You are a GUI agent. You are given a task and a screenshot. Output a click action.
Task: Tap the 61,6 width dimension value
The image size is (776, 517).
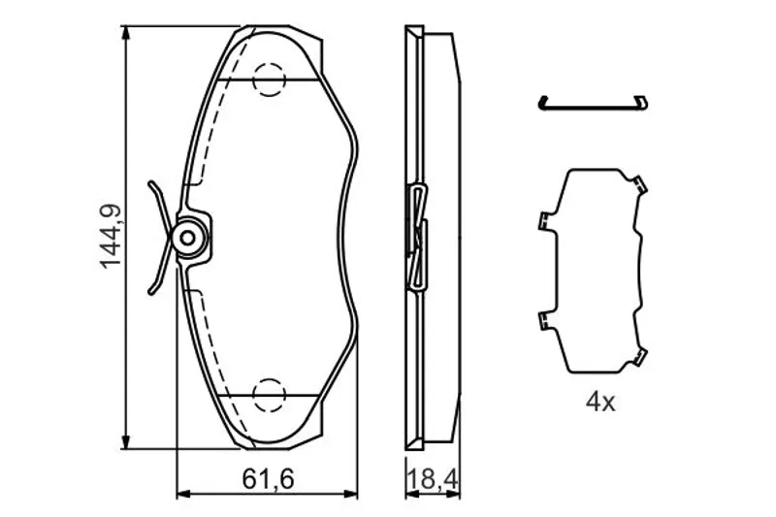[x=269, y=479]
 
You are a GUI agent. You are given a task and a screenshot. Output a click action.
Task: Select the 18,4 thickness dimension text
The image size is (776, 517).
[x=433, y=479]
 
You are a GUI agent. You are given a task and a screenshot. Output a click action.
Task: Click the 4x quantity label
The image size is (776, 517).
[x=600, y=402]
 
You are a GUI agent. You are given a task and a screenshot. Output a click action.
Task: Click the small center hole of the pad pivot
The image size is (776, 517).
[x=187, y=239]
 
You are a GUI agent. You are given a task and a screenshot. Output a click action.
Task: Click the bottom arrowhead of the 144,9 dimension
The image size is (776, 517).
[x=127, y=441]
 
